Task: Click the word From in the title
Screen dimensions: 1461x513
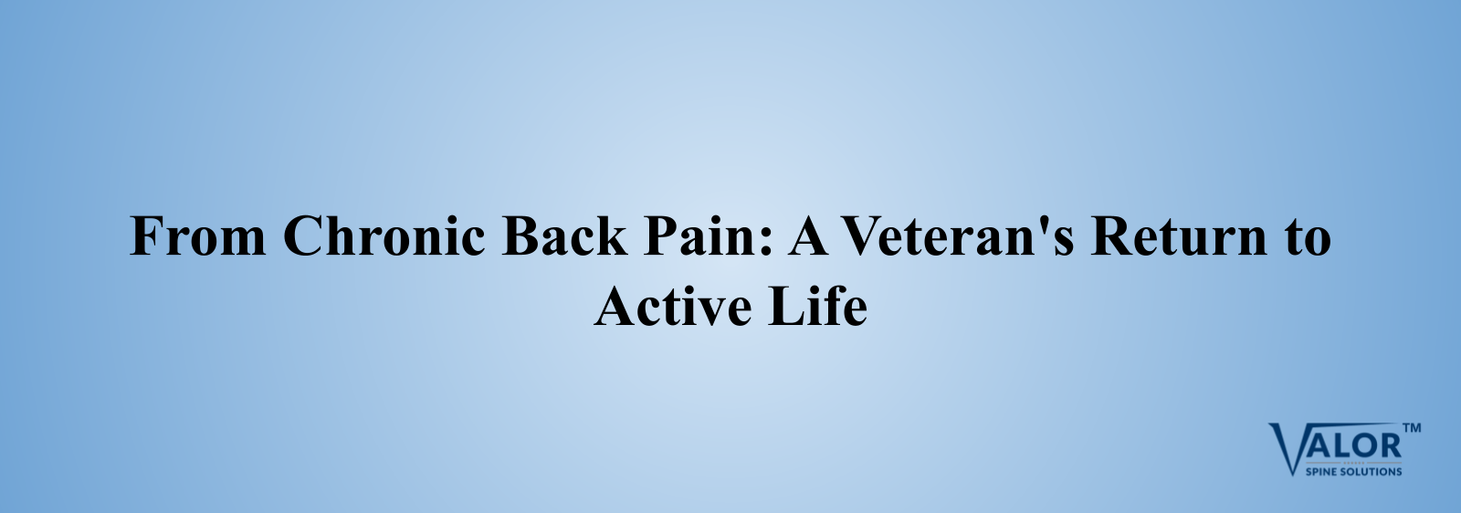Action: click(198, 236)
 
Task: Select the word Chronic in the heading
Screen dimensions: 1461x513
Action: click(384, 234)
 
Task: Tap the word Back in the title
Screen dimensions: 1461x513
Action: click(565, 234)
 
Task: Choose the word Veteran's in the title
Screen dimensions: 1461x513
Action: click(958, 235)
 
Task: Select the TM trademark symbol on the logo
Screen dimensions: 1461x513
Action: click(1412, 428)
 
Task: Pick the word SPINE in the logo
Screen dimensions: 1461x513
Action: click(1322, 471)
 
